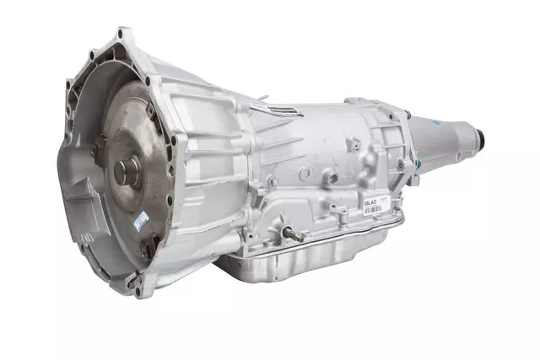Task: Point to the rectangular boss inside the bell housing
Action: (x=80, y=211)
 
